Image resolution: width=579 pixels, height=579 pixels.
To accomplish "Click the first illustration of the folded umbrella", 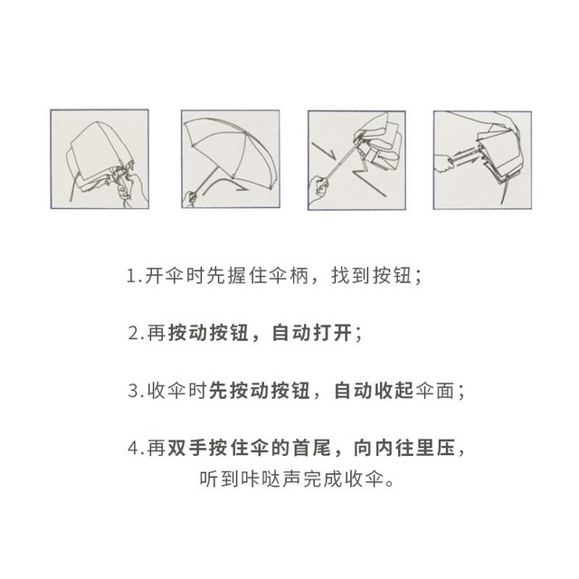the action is pyautogui.click(x=100, y=159).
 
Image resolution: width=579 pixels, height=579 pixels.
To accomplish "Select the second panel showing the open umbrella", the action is pyautogui.click(x=231, y=159).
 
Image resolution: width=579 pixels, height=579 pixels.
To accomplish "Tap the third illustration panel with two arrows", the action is pyautogui.click(x=356, y=160).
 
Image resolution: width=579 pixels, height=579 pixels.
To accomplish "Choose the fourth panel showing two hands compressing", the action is pyautogui.click(x=482, y=160).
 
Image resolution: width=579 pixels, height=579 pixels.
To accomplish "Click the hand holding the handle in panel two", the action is pyautogui.click(x=191, y=199).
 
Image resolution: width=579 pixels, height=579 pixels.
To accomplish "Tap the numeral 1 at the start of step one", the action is pyautogui.click(x=131, y=275).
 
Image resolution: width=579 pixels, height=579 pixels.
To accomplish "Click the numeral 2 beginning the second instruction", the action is pyautogui.click(x=134, y=333).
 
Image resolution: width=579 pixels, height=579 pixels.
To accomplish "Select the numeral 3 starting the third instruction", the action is pyautogui.click(x=133, y=391).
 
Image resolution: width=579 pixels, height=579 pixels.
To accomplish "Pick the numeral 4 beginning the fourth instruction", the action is pyautogui.click(x=133, y=449).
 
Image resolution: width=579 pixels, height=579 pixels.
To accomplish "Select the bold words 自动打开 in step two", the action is pyautogui.click(x=313, y=333).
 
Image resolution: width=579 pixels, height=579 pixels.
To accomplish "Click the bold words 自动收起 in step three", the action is pyautogui.click(x=375, y=390).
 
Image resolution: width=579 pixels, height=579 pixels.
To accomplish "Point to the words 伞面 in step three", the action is pyautogui.click(x=436, y=390).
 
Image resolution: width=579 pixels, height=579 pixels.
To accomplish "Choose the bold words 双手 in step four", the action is pyautogui.click(x=188, y=448).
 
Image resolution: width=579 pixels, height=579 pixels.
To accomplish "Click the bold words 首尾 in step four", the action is pyautogui.click(x=312, y=448).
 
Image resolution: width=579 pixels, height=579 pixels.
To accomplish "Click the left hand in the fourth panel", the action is pyautogui.click(x=444, y=163).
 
